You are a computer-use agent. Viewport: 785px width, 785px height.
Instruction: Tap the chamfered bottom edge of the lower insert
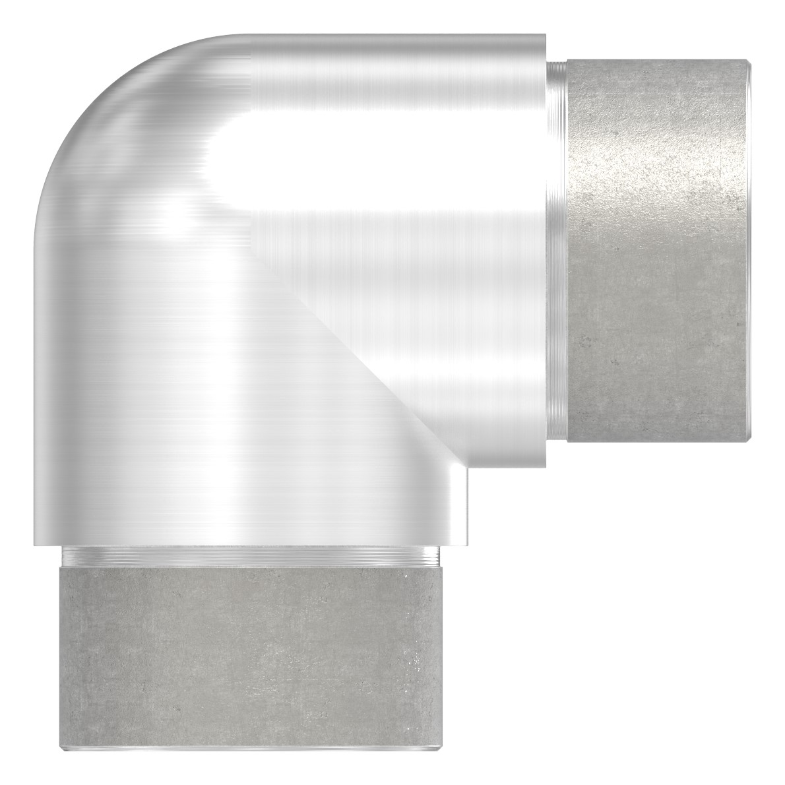[251, 748]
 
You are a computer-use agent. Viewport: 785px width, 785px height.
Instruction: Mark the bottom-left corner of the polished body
[33, 545]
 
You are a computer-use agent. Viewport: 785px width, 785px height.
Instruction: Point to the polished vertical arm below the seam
[198, 429]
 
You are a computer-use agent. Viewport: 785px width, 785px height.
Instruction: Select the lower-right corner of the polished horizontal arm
[545, 466]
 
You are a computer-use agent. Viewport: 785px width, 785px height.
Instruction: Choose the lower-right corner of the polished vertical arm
[467, 545]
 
